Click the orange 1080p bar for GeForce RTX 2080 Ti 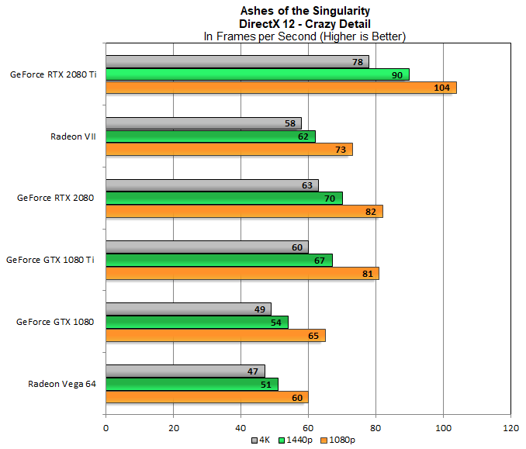pos(281,88)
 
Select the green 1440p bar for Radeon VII pos(210,136)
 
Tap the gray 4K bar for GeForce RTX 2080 pos(212,185)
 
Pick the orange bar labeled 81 pos(242,273)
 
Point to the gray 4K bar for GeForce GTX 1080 pos(188,309)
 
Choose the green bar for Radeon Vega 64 pos(192,384)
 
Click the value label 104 pos(442,88)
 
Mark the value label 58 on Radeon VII pos(289,124)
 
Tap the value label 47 pos(253,371)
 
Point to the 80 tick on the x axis pos(375,427)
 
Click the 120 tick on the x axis pos(510,427)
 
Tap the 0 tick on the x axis pos(106,427)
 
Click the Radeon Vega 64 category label pos(61,384)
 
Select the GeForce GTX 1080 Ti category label pos(50,260)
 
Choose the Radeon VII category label pos(72,136)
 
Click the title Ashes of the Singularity pos(305,11)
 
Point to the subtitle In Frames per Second pos(305,36)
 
